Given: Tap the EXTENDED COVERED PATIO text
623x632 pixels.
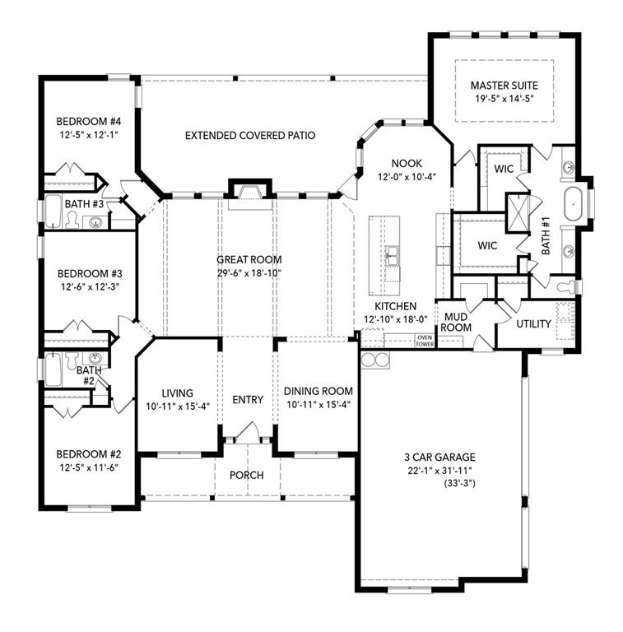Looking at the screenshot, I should pyautogui.click(x=250, y=135).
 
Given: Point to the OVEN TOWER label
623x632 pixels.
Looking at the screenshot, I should pyautogui.click(x=425, y=340).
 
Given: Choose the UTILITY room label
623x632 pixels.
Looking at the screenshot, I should pyautogui.click(x=533, y=323).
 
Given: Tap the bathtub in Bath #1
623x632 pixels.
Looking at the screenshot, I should pyautogui.click(x=573, y=202).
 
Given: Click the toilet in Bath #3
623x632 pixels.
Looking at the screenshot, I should pyautogui.click(x=72, y=219).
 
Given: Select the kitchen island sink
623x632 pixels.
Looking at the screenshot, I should pyautogui.click(x=393, y=257).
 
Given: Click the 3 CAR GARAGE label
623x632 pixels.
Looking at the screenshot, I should pyautogui.click(x=439, y=458).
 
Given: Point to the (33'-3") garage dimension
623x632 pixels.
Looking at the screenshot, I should pyautogui.click(x=439, y=484).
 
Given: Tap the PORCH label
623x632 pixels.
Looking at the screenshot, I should pyautogui.click(x=247, y=476).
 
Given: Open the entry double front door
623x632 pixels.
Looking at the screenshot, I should pyautogui.click(x=248, y=432).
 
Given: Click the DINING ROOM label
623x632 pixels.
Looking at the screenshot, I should pyautogui.click(x=318, y=391).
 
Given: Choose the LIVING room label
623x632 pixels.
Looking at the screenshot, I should pyautogui.click(x=178, y=393).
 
